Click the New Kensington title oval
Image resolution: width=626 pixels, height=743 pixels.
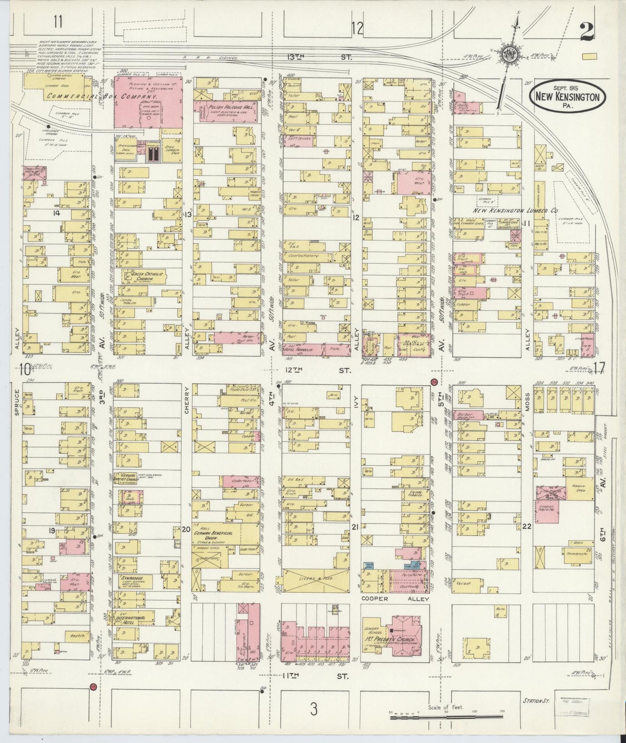pos(567,96)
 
